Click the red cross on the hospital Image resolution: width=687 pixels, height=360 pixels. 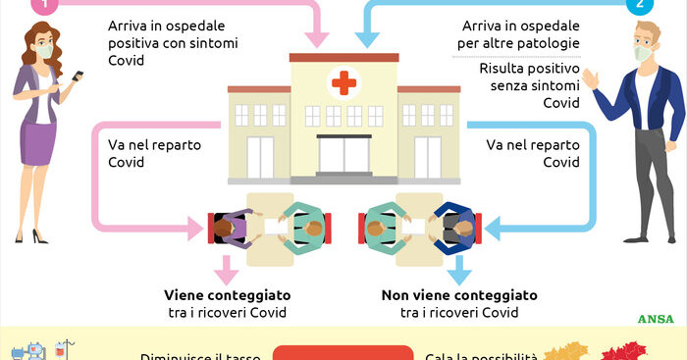tap(343, 83)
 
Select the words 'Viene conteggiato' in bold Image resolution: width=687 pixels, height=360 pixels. tap(228, 294)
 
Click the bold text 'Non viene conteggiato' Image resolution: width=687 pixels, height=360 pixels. tap(458, 294)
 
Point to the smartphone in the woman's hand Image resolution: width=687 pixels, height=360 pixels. tap(78, 77)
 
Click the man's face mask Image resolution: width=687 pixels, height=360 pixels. tap(644, 53)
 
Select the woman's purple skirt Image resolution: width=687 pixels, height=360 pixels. tap(39, 142)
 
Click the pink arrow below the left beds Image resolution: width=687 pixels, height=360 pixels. tap(227, 268)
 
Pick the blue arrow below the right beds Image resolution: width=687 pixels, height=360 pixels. tap(459, 268)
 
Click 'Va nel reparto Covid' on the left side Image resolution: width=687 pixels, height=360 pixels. tap(148, 153)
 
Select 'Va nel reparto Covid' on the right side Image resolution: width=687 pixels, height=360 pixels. tap(533, 153)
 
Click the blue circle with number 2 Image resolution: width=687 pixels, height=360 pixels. tap(641, 4)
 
